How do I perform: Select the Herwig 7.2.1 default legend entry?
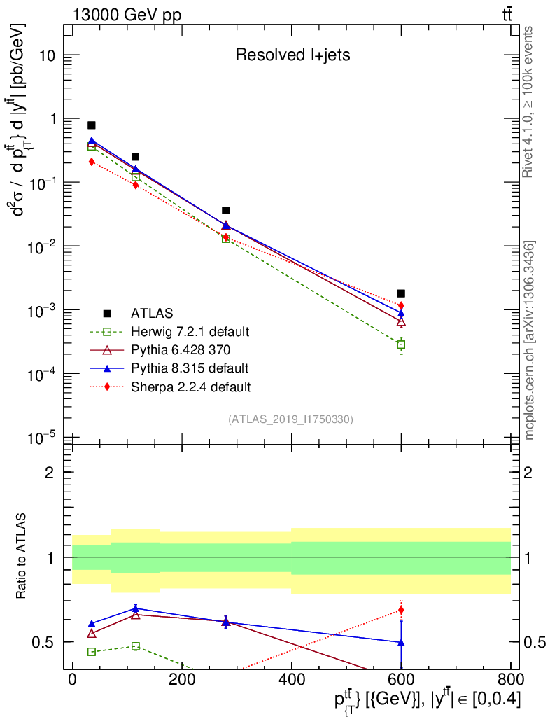[x=190, y=331]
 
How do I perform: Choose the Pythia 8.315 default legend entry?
[x=190, y=368]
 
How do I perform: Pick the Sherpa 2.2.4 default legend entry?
[x=190, y=386]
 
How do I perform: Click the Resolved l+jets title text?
[x=292, y=55]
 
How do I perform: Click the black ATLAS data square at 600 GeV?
[x=401, y=293]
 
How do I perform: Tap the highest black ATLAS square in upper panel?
[x=92, y=125]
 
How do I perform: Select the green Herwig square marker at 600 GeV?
[x=401, y=344]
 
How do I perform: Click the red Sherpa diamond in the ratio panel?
[x=401, y=610]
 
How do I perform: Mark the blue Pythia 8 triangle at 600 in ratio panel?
[x=401, y=641]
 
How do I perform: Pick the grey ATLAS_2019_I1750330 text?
[x=290, y=419]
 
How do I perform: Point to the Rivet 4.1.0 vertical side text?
[x=529, y=101]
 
